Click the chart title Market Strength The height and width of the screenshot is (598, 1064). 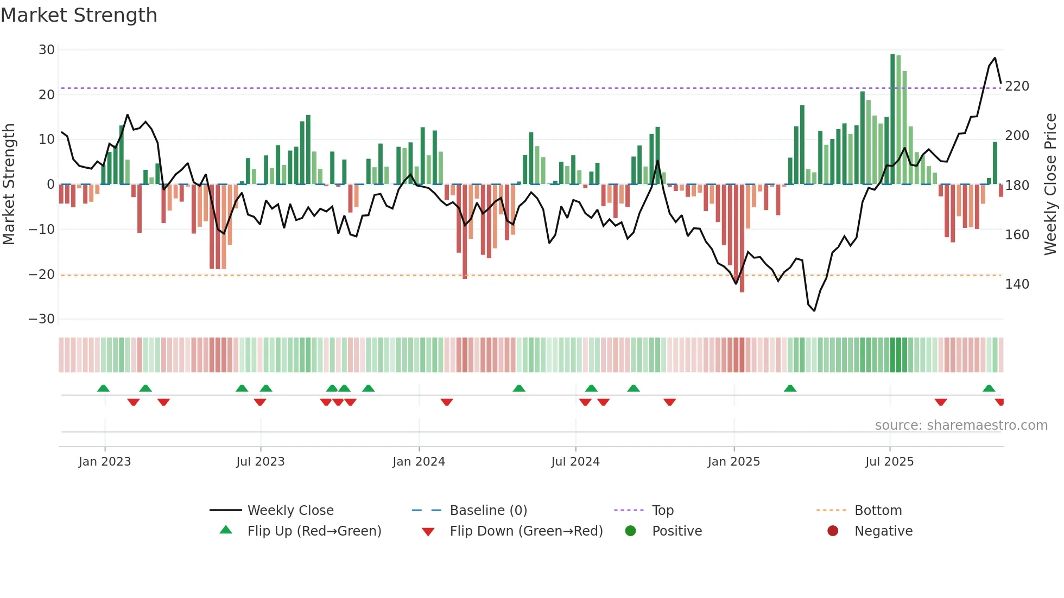click(79, 15)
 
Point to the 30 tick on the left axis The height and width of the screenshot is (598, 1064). click(47, 50)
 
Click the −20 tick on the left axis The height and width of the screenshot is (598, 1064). click(42, 275)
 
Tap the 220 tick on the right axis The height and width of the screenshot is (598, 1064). click(1017, 86)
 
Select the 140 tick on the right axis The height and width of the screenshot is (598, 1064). click(1017, 284)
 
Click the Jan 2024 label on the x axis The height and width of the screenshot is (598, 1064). click(419, 462)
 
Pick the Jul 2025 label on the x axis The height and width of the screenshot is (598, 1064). click(889, 462)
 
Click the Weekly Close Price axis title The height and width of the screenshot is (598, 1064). click(1050, 185)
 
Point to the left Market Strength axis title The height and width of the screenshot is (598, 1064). click(9, 185)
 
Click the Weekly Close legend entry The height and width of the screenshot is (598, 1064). click(290, 511)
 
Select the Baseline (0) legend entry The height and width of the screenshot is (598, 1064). click(488, 511)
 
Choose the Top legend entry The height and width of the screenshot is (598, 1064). click(662, 511)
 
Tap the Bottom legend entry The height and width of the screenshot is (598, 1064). click(878, 511)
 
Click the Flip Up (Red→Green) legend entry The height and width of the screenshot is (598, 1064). click(314, 531)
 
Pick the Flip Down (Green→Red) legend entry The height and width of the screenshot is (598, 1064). click(525, 531)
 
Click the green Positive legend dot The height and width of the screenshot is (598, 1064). click(630, 531)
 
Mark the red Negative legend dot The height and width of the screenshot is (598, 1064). click(833, 531)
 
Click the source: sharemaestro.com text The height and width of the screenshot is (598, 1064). click(961, 425)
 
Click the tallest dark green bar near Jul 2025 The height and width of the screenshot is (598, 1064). click(892, 119)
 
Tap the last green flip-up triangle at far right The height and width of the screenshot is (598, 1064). click(989, 389)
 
